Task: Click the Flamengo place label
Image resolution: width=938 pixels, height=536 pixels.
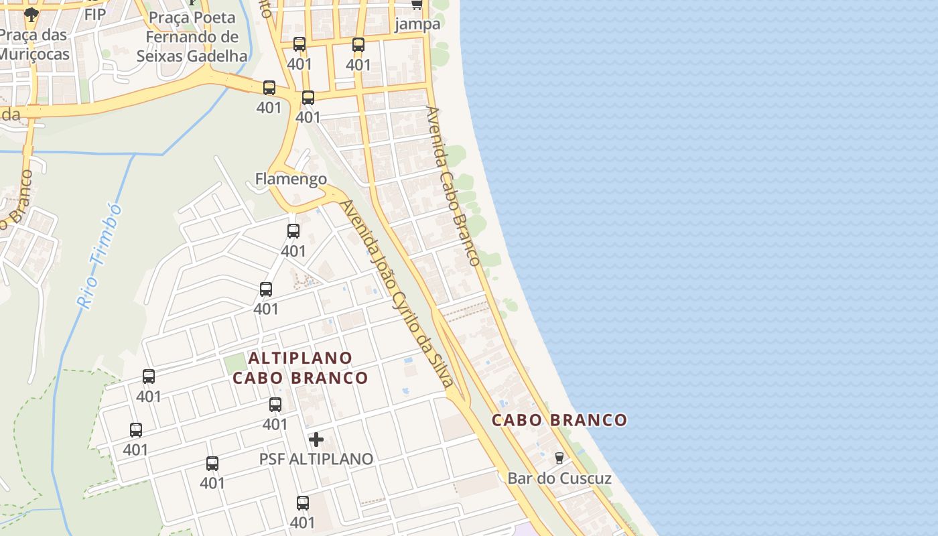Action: [291, 179]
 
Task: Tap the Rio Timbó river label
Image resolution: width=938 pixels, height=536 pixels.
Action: [100, 256]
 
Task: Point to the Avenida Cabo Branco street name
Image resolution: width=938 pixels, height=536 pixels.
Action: [454, 186]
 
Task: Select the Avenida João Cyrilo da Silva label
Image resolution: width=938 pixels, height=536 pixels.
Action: [398, 293]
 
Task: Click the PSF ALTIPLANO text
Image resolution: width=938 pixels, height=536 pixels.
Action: [316, 459]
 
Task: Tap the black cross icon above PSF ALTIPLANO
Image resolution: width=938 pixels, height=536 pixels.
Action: [316, 440]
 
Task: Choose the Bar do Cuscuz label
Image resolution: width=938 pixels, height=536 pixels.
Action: [559, 478]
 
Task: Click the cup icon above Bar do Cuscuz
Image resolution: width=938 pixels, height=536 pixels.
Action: [559, 458]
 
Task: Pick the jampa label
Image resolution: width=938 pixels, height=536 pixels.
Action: [418, 24]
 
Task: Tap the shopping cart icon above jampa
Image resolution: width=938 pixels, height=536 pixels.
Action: [417, 5]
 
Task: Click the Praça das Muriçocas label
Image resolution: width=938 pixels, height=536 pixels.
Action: [34, 44]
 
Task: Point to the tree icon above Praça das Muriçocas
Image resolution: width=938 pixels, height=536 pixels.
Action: [31, 14]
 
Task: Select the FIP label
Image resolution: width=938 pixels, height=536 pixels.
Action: [95, 13]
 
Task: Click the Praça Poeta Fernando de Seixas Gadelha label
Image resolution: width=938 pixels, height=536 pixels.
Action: [192, 37]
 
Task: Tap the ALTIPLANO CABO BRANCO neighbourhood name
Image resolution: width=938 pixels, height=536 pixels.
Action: [300, 368]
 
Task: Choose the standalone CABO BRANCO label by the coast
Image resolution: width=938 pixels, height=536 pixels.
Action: [559, 420]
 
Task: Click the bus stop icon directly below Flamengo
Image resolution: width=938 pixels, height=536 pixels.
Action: [293, 231]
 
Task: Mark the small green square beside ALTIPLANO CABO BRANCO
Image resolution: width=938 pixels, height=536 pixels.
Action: [234, 363]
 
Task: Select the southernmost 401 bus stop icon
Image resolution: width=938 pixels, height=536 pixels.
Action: [303, 503]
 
